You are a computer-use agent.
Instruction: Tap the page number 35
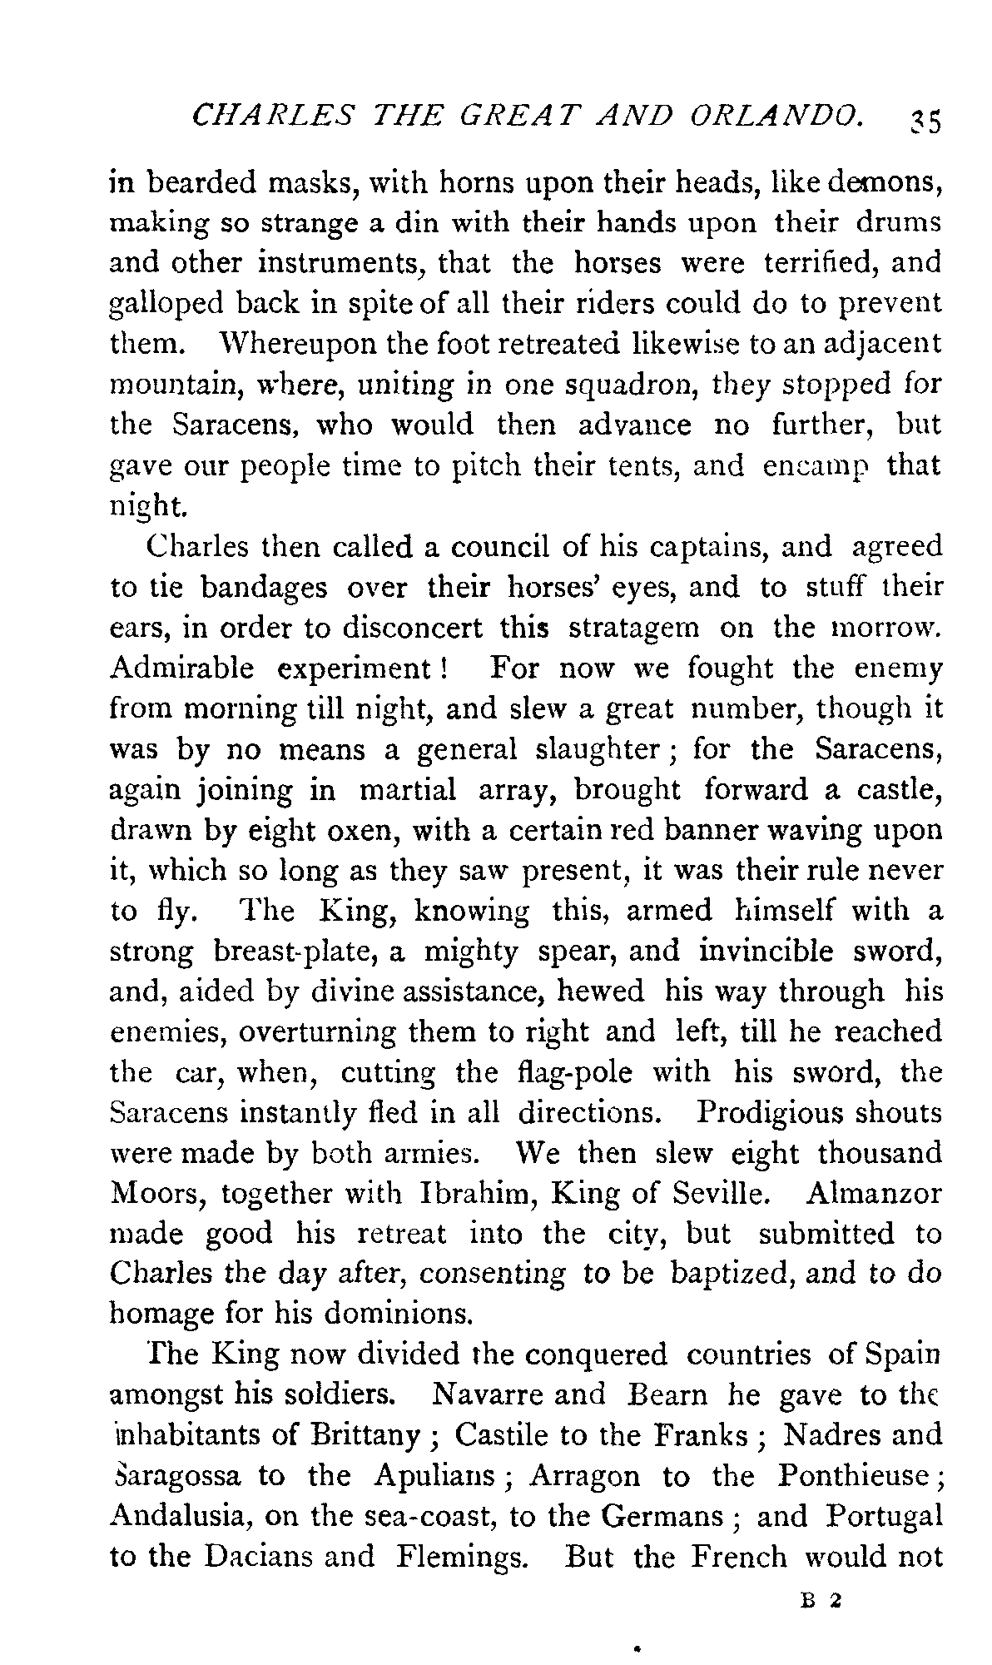923,121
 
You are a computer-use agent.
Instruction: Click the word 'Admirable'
181,668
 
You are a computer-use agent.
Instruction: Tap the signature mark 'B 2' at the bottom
820,1599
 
